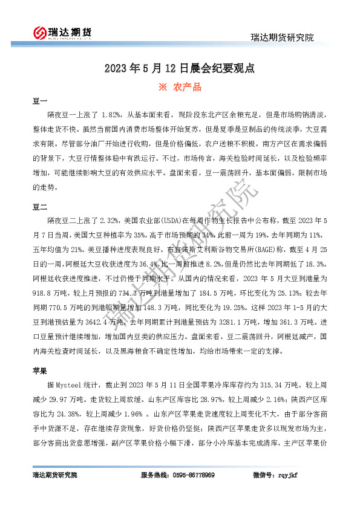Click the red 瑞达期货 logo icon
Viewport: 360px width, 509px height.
tap(39, 33)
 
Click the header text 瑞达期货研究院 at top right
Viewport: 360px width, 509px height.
tap(283, 37)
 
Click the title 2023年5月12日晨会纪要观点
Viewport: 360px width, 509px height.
tap(180, 68)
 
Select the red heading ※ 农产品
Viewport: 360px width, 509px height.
tap(180, 87)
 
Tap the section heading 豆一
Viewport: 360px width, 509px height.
tap(39, 101)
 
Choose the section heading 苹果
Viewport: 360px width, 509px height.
tap(39, 370)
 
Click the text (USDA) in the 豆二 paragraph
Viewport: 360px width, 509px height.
tap(171, 220)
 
